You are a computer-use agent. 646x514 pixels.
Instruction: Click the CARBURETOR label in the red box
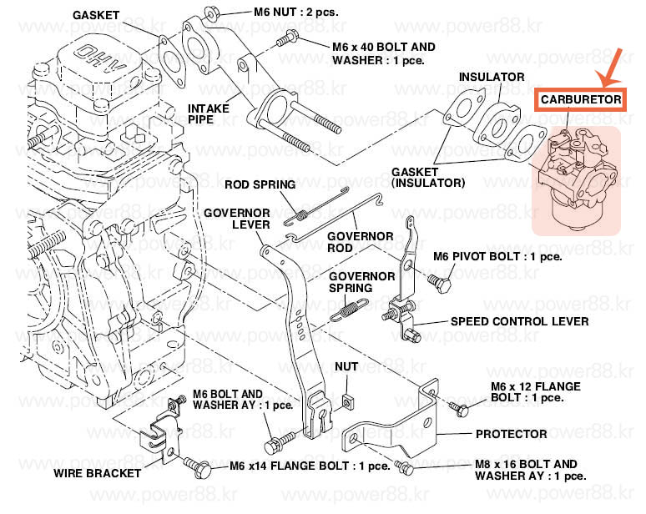point(581,99)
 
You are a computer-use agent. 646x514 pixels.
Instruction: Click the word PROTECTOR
point(511,434)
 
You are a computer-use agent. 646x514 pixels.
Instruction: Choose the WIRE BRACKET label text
point(98,473)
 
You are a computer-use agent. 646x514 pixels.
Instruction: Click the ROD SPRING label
point(260,184)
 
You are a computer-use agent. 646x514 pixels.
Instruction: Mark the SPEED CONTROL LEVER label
point(519,321)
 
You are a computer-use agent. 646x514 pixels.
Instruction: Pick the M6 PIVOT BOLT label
point(497,256)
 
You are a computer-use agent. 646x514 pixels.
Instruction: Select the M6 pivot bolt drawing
point(439,284)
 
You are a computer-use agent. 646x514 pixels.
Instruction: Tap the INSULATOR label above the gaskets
point(492,77)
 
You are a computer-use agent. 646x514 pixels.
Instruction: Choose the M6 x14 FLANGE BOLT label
point(310,466)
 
